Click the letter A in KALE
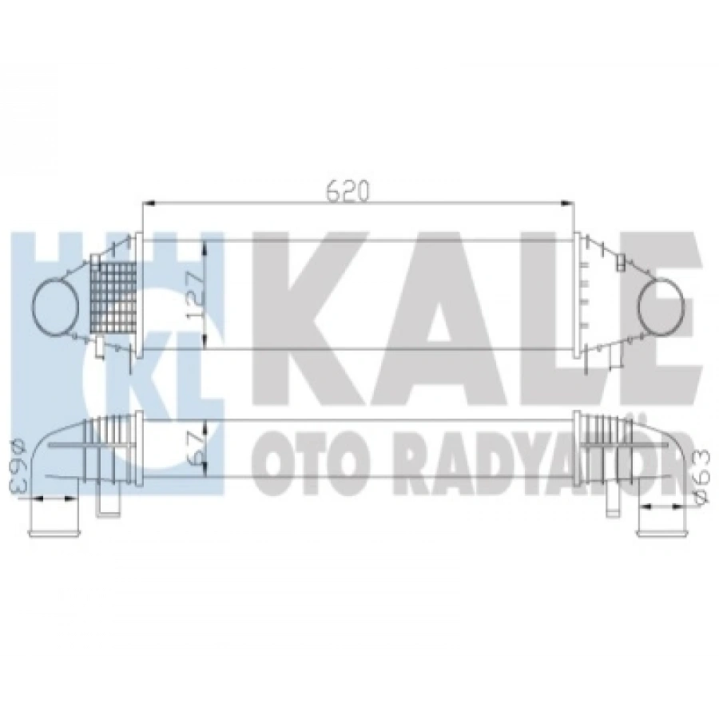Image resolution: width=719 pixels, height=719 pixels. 431,304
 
